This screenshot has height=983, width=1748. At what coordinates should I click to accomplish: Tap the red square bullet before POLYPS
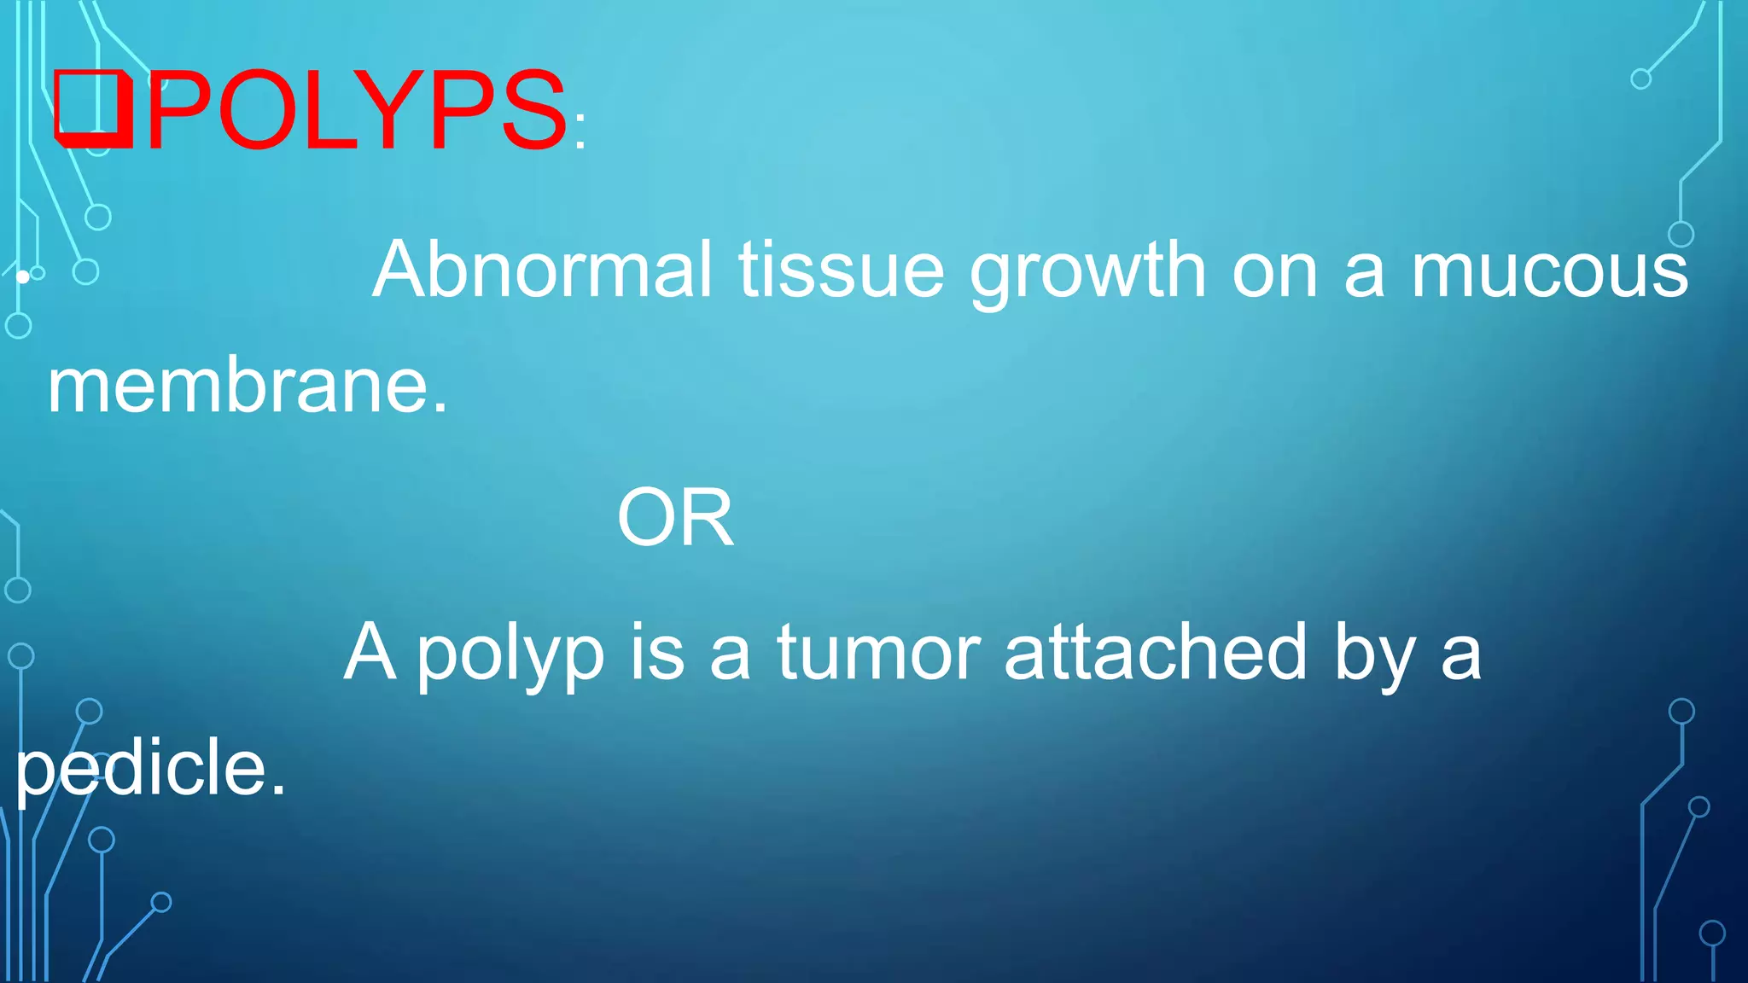[93, 109]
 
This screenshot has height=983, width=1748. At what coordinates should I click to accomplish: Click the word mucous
[1549, 271]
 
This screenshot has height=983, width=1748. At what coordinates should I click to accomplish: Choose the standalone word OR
[675, 517]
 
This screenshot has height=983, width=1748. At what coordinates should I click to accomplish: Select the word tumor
[878, 653]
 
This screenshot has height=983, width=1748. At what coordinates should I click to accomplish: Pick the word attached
[1156, 652]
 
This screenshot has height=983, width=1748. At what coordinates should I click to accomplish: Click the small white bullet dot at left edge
[23, 276]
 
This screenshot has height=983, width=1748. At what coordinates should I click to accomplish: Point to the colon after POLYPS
[580, 131]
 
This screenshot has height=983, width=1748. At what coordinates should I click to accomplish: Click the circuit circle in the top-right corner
[1640, 79]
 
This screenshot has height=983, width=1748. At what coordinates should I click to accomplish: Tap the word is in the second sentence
[657, 652]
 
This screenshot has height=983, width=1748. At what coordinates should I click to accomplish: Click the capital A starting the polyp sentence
[370, 652]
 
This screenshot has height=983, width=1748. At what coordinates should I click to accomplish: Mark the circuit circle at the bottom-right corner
[1712, 934]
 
